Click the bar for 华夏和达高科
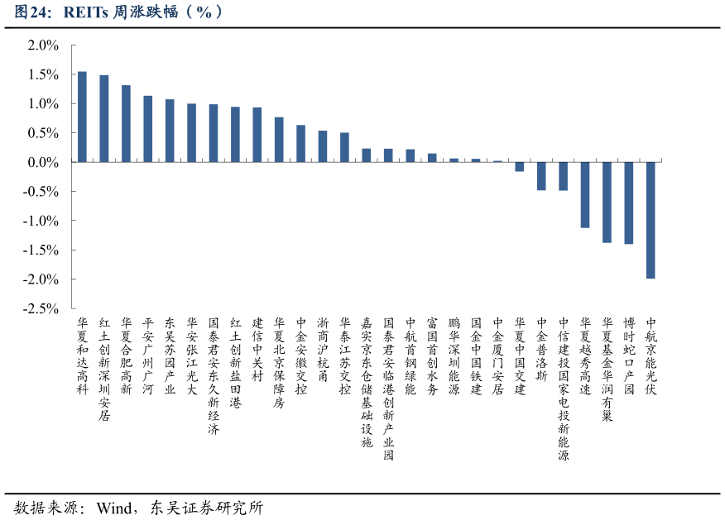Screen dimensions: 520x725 tap(82, 117)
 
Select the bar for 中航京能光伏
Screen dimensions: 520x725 tap(651, 220)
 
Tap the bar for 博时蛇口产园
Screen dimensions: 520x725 tap(629, 203)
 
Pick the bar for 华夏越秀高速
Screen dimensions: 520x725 tap(585, 194)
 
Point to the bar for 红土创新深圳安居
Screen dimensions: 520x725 tap(104, 118)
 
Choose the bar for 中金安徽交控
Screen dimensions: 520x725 tap(301, 144)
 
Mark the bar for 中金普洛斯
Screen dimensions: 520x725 tap(541, 176)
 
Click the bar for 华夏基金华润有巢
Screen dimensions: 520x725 tap(607, 202)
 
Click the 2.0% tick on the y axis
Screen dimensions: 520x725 tap(43, 45)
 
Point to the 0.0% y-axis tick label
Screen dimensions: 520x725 tap(43, 162)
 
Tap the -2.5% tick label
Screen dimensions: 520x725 tap(41, 308)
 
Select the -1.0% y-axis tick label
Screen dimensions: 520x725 tap(41, 221)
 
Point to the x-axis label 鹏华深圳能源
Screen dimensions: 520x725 tap(454, 355)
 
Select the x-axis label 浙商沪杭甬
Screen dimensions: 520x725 tap(323, 349)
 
